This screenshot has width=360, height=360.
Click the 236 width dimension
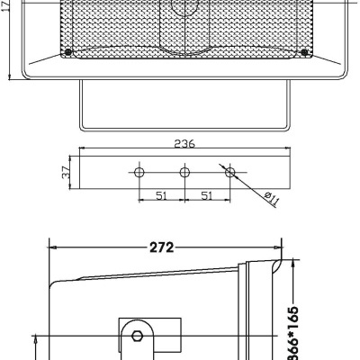coord(185,141)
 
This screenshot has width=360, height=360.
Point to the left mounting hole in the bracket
coord(139,171)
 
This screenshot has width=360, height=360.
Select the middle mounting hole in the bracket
coord(184,171)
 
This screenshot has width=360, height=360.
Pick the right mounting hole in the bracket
coord(229,171)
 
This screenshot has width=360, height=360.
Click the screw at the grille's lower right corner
coord(306,53)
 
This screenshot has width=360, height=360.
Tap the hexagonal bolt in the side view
coord(137,337)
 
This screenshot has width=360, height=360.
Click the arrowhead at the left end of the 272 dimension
coord(52,244)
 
